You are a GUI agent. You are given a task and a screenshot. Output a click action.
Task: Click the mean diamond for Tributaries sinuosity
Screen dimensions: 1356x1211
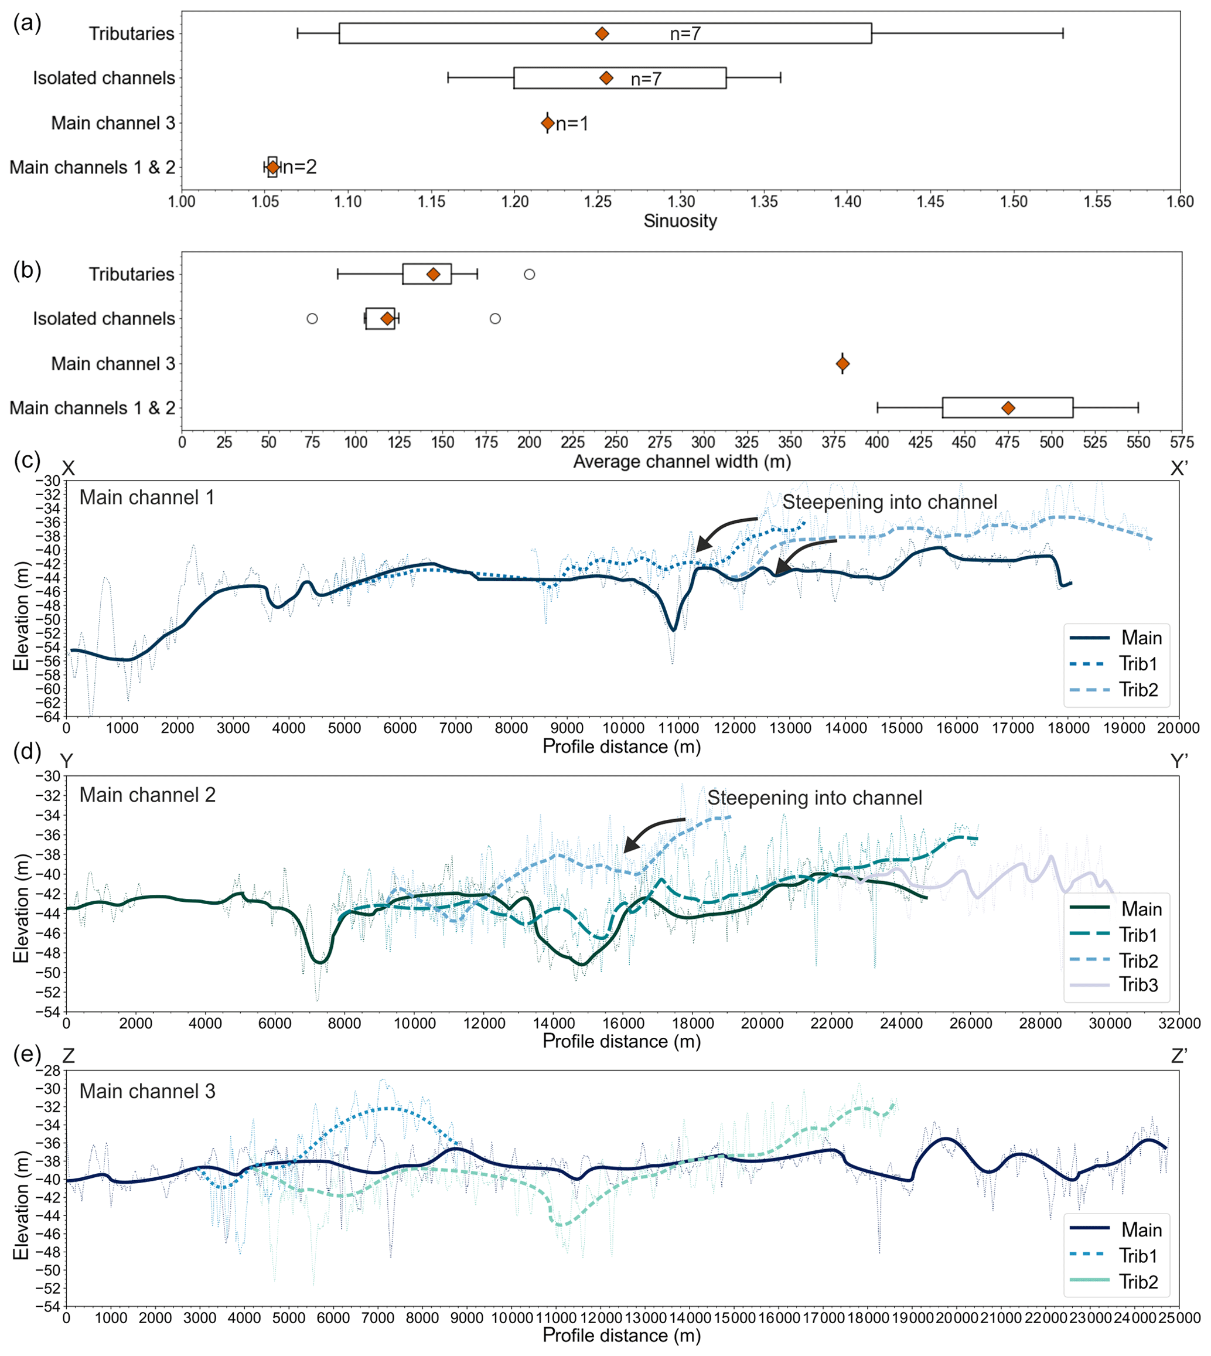[602, 33]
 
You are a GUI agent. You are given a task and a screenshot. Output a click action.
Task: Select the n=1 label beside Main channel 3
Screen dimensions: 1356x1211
[572, 124]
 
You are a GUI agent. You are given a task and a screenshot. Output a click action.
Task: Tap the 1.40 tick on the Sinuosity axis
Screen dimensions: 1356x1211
[847, 202]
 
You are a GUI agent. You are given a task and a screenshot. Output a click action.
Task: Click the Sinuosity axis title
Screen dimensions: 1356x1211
[680, 221]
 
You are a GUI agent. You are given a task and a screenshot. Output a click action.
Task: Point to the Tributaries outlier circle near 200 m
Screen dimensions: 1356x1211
[529, 274]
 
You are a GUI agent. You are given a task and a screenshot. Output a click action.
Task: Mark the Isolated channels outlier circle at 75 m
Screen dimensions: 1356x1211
[312, 319]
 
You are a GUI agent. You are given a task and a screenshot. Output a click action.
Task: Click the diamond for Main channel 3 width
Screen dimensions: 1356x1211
[842, 364]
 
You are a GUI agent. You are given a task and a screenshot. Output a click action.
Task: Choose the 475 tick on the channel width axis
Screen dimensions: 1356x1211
[1007, 442]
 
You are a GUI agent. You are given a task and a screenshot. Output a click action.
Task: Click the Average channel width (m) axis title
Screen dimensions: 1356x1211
[682, 462]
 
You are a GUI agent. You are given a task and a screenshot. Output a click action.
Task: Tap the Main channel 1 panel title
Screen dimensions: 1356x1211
[147, 498]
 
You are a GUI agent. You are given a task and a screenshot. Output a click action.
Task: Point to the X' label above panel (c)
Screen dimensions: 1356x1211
[1178, 469]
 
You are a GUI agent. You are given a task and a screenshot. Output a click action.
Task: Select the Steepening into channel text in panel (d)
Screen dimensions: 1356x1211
[814, 798]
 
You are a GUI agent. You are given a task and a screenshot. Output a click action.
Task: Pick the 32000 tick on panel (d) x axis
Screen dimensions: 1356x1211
[1178, 1024]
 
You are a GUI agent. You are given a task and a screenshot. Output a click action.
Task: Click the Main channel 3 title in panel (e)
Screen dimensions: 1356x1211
[147, 1091]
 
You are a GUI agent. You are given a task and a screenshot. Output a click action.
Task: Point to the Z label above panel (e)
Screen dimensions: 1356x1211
[68, 1056]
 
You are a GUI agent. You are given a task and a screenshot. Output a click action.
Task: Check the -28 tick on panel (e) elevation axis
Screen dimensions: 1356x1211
[50, 1071]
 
